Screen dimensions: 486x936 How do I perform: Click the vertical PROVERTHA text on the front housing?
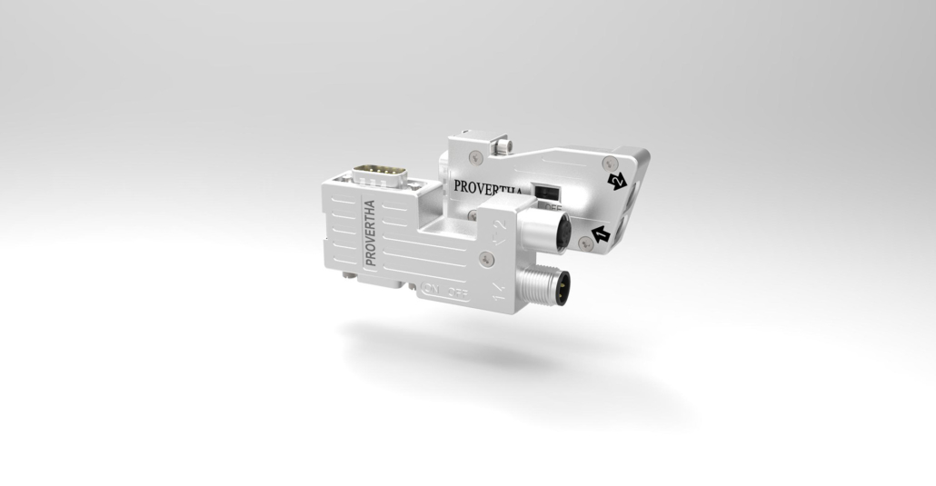(370, 232)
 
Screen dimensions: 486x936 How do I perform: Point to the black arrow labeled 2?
(618, 182)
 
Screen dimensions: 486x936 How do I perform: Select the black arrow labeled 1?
(601, 235)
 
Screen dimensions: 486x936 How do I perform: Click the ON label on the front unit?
(432, 292)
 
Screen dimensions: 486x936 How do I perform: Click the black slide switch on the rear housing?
(546, 192)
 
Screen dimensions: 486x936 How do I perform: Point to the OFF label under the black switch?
(552, 208)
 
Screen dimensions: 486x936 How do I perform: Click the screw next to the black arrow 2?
(606, 163)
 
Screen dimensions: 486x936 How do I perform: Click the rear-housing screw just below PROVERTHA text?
(473, 215)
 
